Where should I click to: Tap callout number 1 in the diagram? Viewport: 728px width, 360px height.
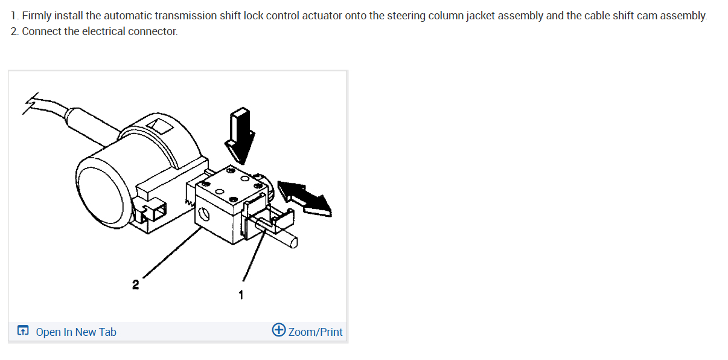241,295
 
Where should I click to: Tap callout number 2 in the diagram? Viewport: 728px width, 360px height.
136,283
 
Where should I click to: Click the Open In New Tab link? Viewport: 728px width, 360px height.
76,332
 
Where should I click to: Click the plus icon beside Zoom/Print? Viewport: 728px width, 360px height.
279,330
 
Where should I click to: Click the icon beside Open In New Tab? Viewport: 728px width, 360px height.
23,331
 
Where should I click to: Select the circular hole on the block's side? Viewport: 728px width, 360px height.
204,213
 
